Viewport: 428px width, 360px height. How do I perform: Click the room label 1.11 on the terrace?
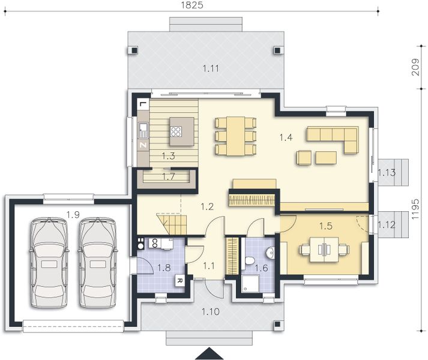point(210,68)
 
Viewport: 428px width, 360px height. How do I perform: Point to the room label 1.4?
point(286,137)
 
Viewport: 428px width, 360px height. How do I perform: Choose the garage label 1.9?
point(73,214)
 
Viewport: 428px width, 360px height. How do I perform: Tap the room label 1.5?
point(325,226)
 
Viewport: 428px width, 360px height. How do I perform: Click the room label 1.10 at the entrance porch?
point(209,311)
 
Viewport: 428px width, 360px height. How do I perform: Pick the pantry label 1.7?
point(169,177)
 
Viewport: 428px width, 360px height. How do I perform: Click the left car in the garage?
point(50,262)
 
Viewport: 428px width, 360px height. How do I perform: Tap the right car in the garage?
point(97,262)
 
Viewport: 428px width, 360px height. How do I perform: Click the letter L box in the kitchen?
point(142,104)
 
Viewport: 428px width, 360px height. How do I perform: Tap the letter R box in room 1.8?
point(179,280)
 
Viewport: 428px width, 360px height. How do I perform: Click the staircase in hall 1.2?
point(172,223)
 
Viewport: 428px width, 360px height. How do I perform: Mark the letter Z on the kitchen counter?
point(143,145)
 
